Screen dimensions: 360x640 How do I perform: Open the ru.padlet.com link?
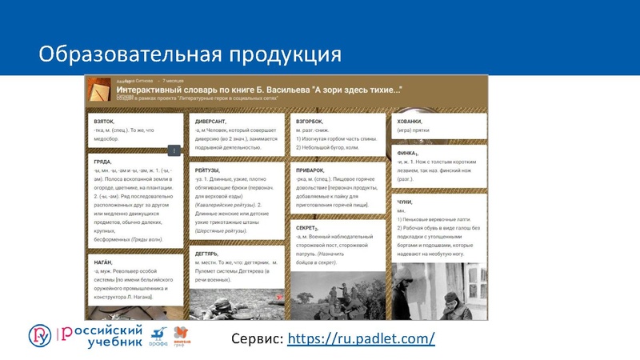pyautogui.click(x=360, y=338)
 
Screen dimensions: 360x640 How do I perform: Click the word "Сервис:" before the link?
pyautogui.click(x=256, y=338)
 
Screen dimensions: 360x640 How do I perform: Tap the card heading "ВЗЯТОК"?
pyautogui.click(x=105, y=121)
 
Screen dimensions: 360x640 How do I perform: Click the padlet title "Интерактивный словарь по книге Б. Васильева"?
pyautogui.click(x=256, y=90)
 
